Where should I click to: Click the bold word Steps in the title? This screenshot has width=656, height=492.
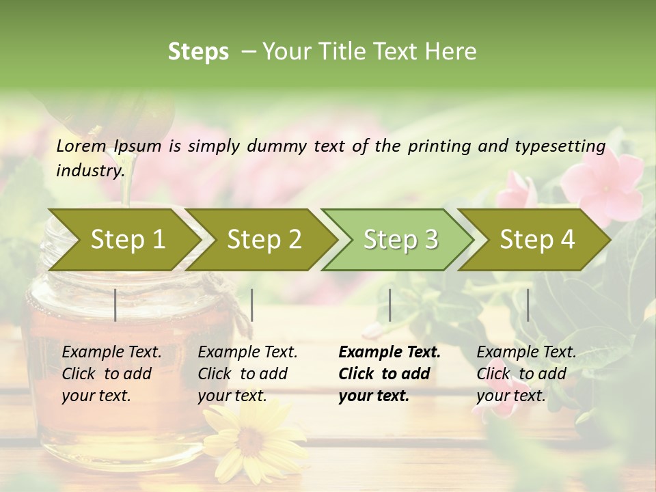198,52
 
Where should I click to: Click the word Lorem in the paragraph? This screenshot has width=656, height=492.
81,146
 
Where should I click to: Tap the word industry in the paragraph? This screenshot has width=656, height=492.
90,170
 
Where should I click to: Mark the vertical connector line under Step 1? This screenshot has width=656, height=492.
115,305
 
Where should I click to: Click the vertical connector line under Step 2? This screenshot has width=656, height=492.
252,305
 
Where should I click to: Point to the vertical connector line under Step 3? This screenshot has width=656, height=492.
389,305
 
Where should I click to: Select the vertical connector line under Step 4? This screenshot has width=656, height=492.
528,305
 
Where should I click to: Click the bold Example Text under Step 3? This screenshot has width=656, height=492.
389,352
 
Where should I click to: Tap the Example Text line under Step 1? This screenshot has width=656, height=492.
111,352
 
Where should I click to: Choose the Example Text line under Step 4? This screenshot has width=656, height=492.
526,352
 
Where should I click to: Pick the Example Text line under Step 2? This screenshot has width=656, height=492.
247,352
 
